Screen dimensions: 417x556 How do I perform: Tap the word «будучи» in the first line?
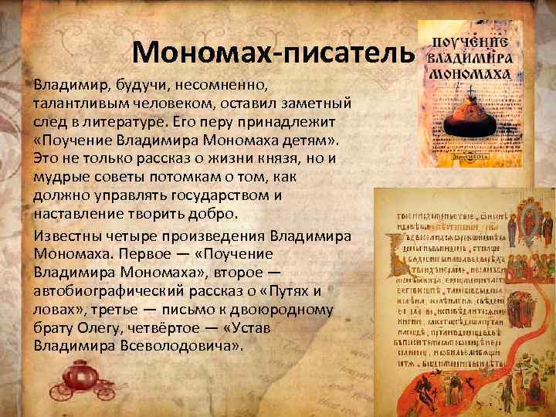[x=123, y=84]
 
